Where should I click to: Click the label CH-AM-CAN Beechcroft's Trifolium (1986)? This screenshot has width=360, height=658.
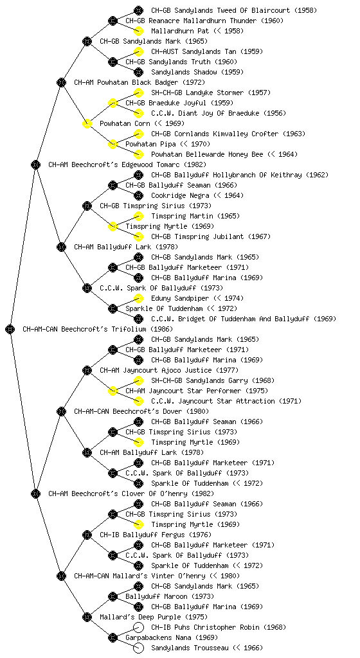[x=98, y=329]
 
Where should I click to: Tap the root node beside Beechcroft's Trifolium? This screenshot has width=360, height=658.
[x=10, y=329]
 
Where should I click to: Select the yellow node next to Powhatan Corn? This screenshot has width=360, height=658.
[x=87, y=123]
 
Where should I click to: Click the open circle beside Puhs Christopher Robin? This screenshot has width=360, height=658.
[x=138, y=627]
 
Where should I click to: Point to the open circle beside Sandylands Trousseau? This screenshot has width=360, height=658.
[x=138, y=648]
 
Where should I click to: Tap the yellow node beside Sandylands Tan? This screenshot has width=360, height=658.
[x=138, y=51]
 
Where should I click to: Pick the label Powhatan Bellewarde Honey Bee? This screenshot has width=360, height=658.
[x=207, y=154]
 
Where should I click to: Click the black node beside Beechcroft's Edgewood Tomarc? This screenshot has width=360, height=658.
[x=35, y=164]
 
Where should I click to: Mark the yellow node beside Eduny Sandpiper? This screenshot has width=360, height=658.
[x=138, y=298]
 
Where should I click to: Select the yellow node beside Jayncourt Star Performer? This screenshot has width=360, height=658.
[x=113, y=391]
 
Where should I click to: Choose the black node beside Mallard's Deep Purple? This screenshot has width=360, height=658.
[x=87, y=617]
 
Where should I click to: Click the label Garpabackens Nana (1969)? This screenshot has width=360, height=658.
[x=172, y=637]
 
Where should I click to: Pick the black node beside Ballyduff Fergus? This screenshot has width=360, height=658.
[x=87, y=535]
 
